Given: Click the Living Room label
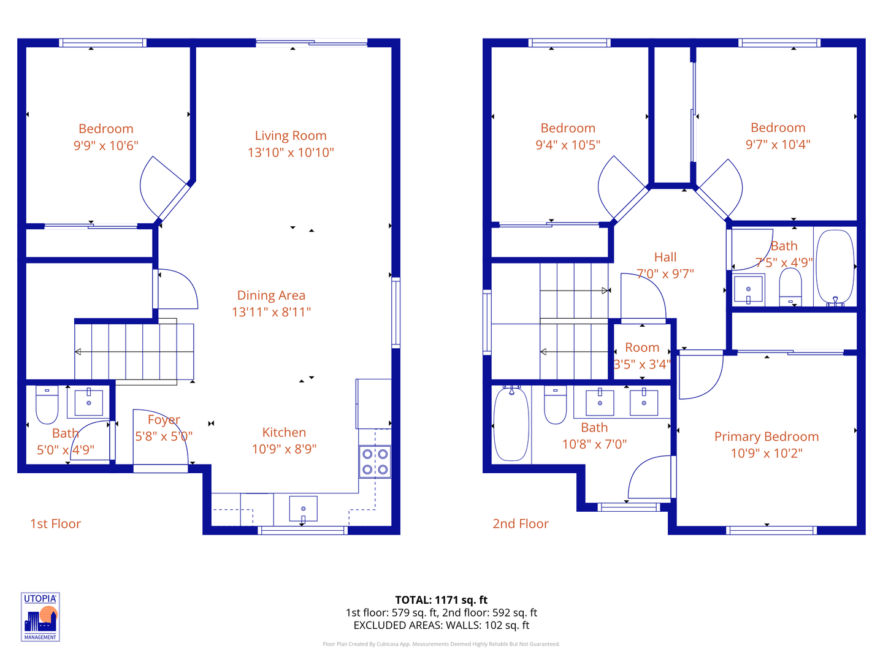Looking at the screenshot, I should (x=291, y=136).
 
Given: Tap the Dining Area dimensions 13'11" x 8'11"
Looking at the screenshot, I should (x=271, y=312).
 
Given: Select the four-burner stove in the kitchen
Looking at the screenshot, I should (x=375, y=462).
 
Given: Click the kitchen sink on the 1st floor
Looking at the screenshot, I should (x=303, y=509).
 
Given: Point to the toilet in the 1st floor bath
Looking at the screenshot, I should (x=47, y=405).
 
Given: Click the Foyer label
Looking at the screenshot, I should (x=164, y=420).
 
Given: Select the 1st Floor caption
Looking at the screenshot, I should (x=55, y=524).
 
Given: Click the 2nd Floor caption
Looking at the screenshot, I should (x=521, y=524).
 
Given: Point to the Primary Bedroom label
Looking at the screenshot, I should (x=766, y=436).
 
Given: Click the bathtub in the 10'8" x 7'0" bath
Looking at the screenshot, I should (x=511, y=424).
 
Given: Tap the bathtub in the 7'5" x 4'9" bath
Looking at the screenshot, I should (x=835, y=268).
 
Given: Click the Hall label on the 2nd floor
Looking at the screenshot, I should (x=665, y=257).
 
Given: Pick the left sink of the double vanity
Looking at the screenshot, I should (x=600, y=403).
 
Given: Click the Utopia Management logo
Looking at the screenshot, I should (x=40, y=617).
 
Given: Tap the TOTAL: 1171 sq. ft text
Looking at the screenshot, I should (x=441, y=600).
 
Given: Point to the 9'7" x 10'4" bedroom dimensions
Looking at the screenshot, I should (x=778, y=145).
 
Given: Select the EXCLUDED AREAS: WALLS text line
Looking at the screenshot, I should (x=441, y=626).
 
